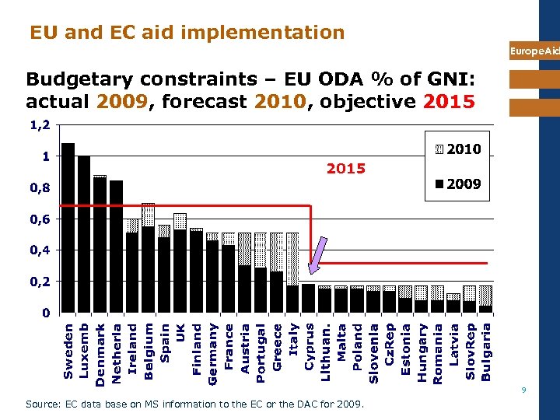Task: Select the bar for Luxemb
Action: [x=84, y=233]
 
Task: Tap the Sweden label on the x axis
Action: [x=68, y=352]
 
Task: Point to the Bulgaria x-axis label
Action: [x=486, y=352]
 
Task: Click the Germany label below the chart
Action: [x=213, y=352]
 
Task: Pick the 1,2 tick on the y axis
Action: [x=38, y=124]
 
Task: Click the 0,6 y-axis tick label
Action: [x=38, y=219]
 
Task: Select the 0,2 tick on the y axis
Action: [x=38, y=281]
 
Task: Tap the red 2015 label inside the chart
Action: [x=345, y=168]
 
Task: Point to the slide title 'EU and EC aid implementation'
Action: [x=187, y=32]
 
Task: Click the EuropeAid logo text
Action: [x=534, y=51]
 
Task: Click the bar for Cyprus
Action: [x=308, y=298]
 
